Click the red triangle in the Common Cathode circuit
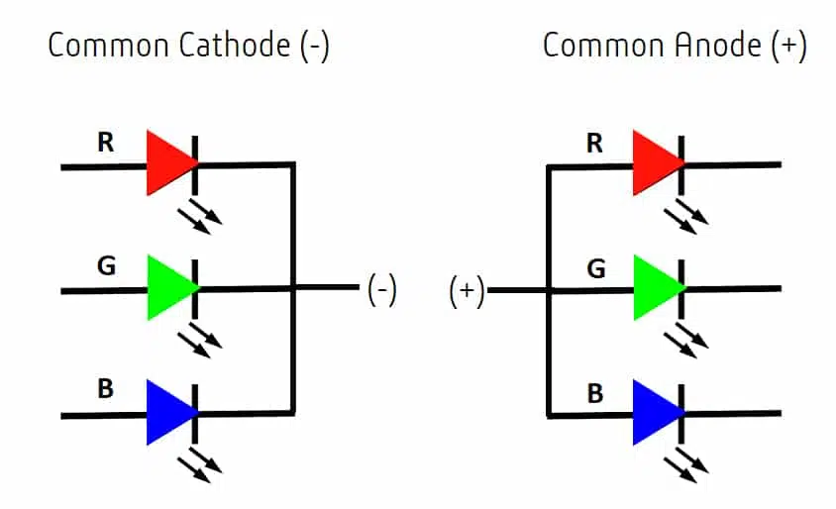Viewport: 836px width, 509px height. click(x=169, y=162)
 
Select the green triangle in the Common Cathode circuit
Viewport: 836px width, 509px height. click(x=169, y=288)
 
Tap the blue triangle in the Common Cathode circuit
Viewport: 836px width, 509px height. click(x=169, y=413)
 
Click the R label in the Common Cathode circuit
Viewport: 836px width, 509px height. click(x=106, y=143)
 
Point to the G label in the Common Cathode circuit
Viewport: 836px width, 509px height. click(x=107, y=265)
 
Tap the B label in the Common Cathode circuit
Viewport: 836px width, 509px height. click(x=106, y=388)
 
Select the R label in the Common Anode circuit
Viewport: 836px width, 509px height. click(x=594, y=143)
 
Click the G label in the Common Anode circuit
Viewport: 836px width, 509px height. click(x=596, y=268)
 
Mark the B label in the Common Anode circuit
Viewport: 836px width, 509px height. click(x=595, y=394)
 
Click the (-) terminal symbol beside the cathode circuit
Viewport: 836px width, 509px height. click(x=382, y=290)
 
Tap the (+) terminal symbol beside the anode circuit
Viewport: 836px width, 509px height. click(x=467, y=291)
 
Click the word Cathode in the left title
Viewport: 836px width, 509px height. click(x=235, y=45)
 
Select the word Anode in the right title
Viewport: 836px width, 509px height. click(x=718, y=45)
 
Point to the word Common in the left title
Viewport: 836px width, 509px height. click(x=109, y=46)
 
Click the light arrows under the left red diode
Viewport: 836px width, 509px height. click(x=200, y=216)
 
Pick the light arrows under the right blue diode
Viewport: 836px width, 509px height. click(x=686, y=465)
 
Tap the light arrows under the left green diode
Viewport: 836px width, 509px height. click(x=200, y=340)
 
